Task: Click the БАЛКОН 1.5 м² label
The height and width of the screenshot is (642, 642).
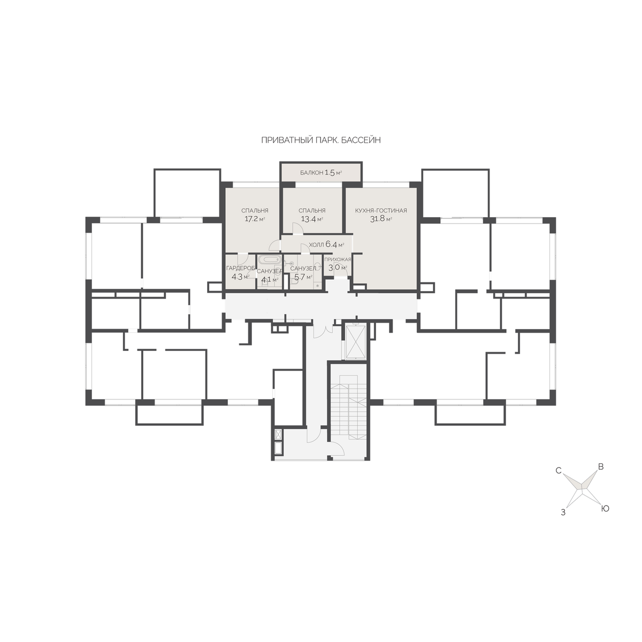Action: [321, 173]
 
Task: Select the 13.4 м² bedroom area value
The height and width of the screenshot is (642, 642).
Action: [311, 219]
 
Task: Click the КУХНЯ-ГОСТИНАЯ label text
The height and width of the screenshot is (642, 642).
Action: [381, 211]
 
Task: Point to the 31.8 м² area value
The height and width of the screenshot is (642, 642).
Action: [381, 219]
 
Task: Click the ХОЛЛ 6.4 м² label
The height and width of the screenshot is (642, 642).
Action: [326, 245]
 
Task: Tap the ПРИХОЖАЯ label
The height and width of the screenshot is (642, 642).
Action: [338, 259]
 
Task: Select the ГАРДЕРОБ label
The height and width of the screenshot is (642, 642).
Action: [241, 268]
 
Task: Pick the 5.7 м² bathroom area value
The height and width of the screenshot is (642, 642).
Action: [303, 277]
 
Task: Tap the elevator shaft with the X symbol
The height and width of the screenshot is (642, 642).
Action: [356, 342]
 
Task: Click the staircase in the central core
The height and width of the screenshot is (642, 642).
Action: [348, 407]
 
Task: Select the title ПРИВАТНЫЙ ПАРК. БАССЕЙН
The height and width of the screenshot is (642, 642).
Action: [321, 140]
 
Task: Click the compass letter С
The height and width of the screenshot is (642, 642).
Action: [559, 471]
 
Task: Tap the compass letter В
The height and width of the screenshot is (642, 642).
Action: [601, 467]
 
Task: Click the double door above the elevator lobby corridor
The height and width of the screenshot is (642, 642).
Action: [323, 331]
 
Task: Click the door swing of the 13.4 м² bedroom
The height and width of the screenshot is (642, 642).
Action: [297, 228]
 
